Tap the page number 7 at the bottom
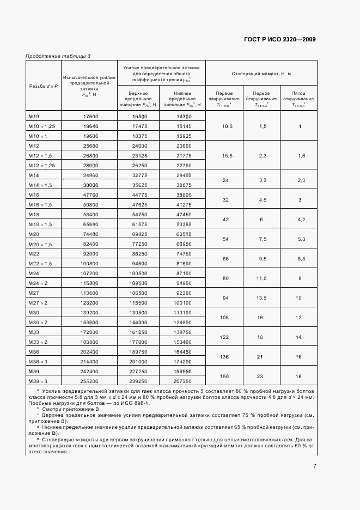[x=315, y=465]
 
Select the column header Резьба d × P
[x=43, y=86]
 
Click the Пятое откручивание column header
[x=299, y=99]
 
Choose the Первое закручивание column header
[x=224, y=99]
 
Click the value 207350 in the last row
[x=184, y=381]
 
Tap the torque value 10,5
[x=224, y=126]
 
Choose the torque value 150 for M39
[x=224, y=376]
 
